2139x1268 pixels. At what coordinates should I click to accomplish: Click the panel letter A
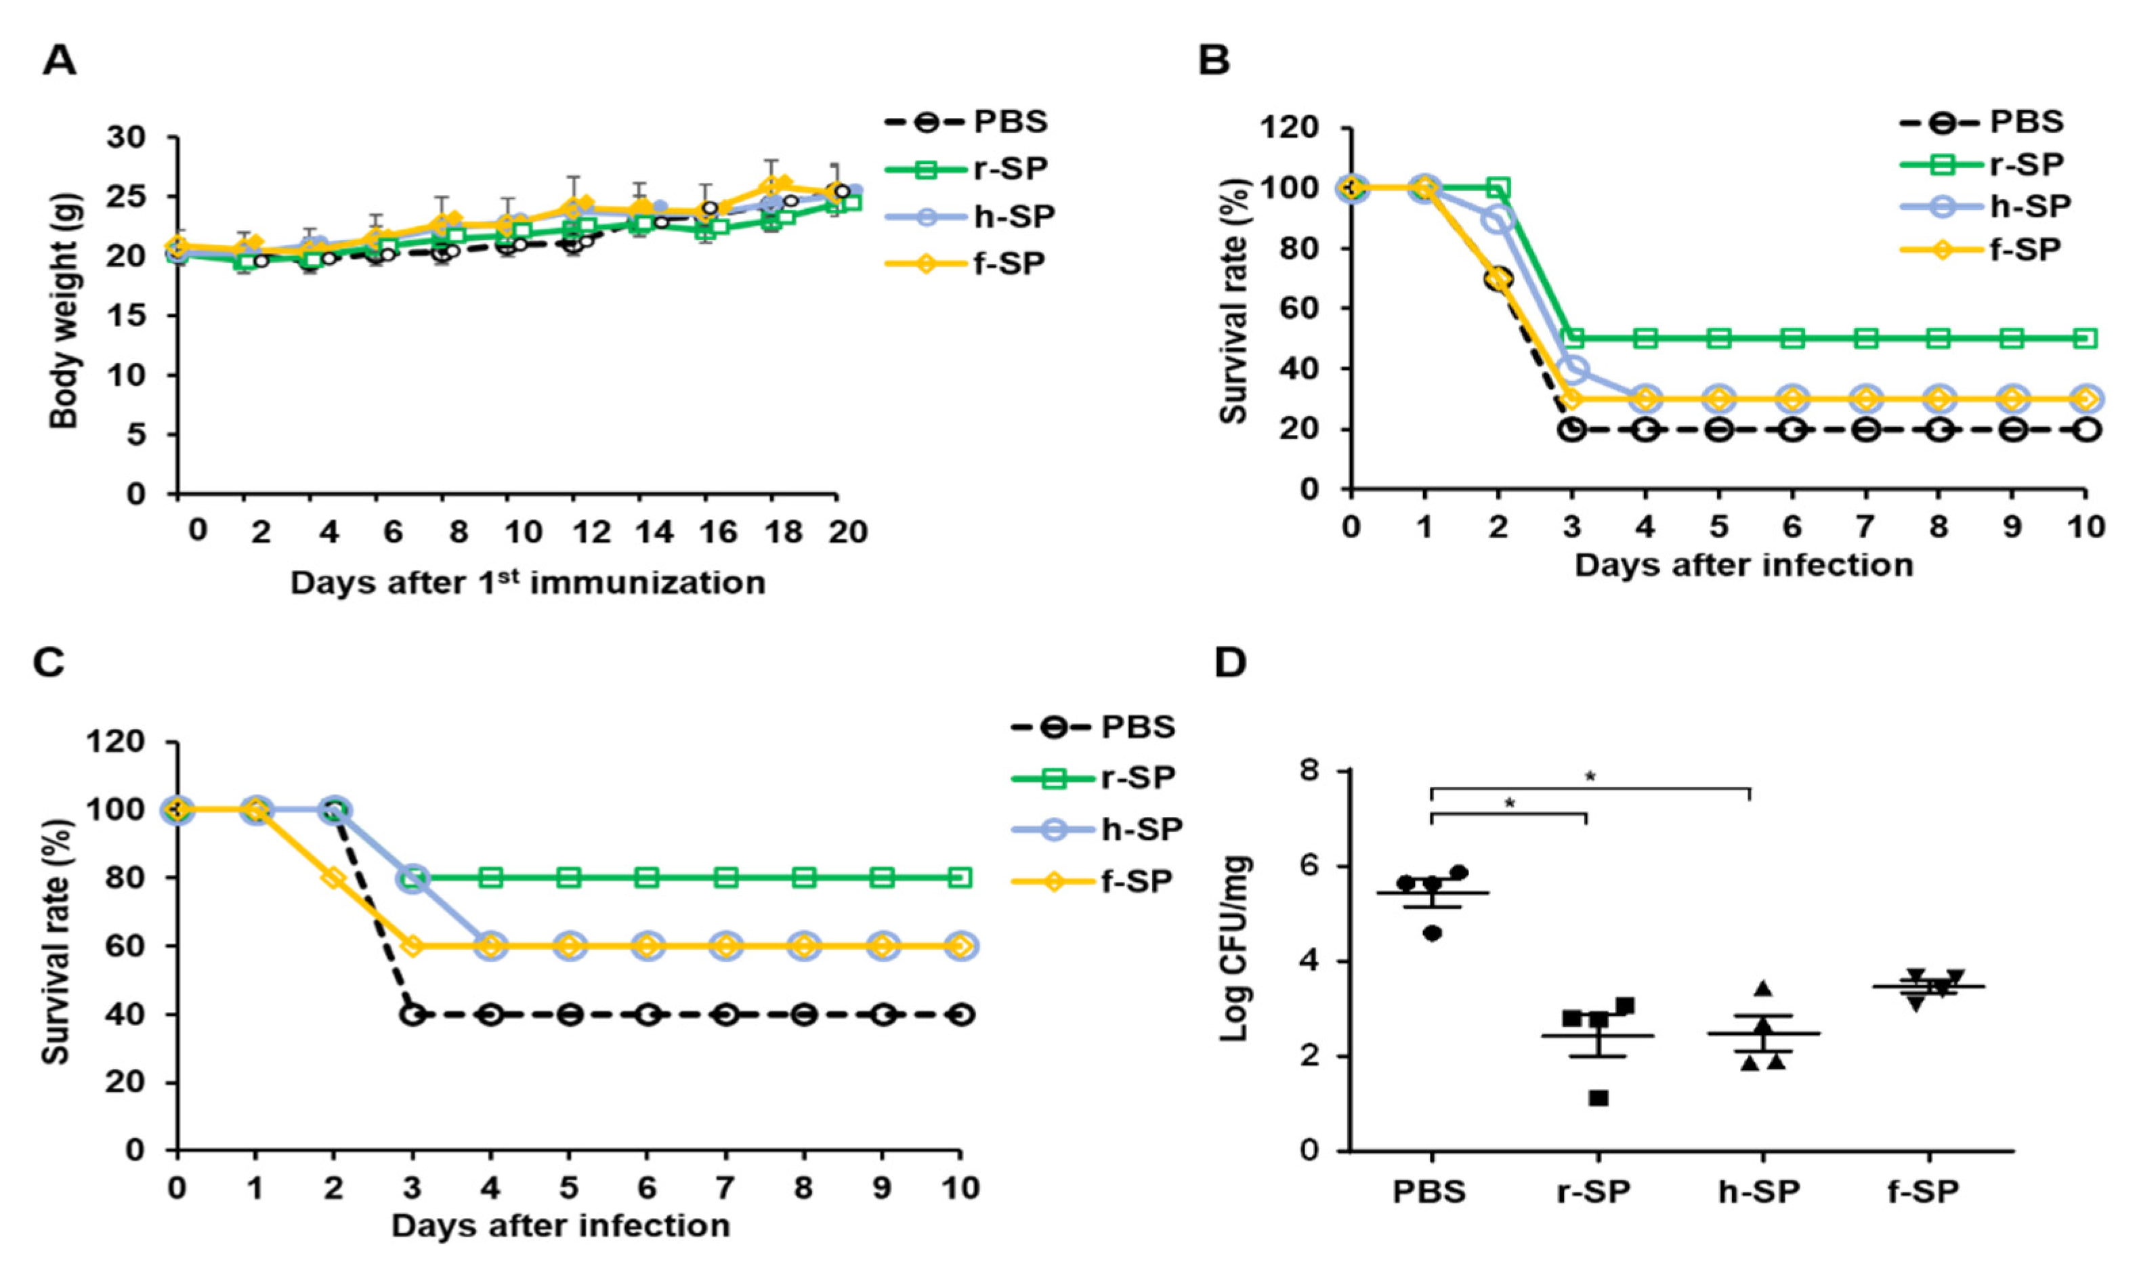[59, 62]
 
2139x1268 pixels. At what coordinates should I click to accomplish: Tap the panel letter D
[1231, 663]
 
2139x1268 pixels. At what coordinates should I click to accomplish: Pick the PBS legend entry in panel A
[965, 122]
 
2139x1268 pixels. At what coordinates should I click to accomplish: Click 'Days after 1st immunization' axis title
[527, 583]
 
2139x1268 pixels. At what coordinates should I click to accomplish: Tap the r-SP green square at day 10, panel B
[2086, 339]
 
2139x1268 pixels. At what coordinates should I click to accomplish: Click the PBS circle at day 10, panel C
[961, 1015]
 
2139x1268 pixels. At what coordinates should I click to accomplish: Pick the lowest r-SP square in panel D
[1598, 1098]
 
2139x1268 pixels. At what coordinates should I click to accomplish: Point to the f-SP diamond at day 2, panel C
[333, 879]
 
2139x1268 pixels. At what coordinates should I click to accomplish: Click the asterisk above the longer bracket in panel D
[1590, 778]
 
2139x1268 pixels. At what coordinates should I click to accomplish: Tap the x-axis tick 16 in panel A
[717, 532]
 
